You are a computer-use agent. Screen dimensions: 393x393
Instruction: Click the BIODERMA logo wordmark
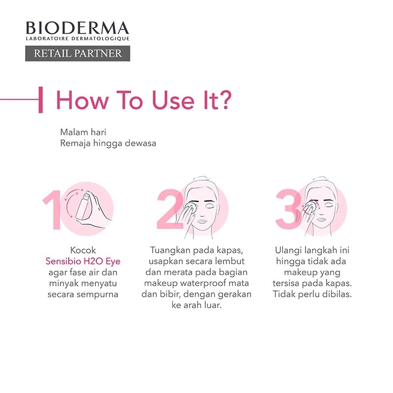(78, 28)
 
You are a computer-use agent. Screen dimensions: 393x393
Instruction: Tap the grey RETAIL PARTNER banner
(78, 54)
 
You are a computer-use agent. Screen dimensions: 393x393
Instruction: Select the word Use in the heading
(173, 100)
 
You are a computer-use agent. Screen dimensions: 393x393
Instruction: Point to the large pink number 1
(53, 210)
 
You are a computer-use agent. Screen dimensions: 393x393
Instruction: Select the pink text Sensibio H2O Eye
(83, 261)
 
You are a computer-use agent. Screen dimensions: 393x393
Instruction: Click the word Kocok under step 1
(83, 250)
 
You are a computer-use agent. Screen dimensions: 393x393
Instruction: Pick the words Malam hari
(83, 132)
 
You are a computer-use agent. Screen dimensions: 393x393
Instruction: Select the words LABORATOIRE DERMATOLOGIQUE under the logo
(78, 39)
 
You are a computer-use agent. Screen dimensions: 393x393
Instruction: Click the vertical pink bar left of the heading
(41, 100)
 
